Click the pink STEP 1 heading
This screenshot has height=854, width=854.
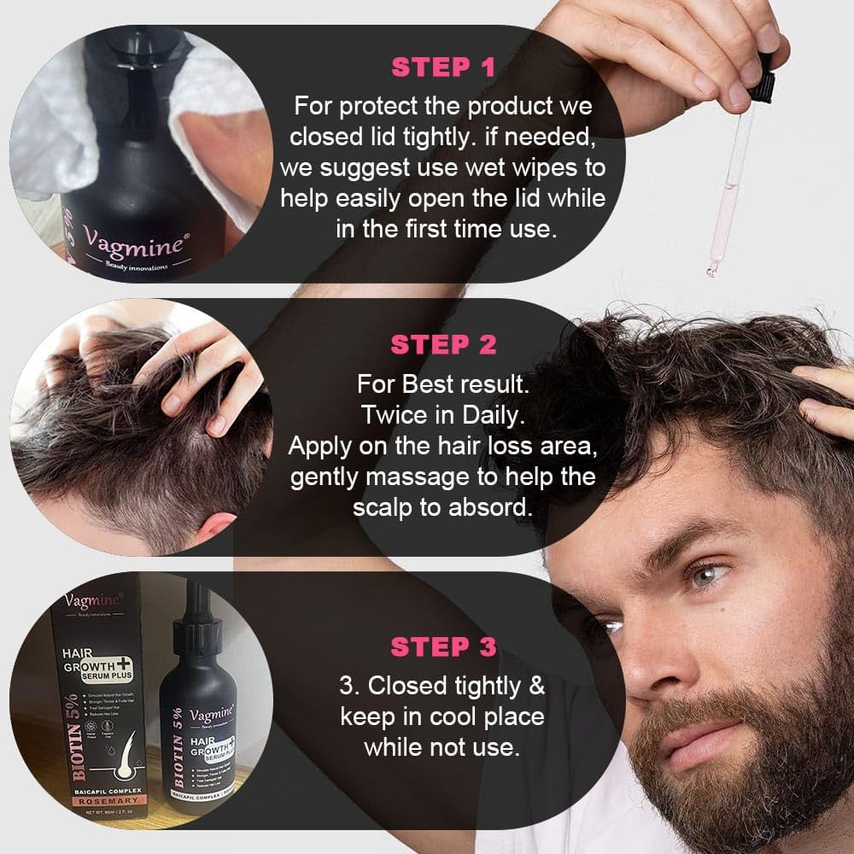click(x=443, y=67)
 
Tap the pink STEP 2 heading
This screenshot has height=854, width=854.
click(x=443, y=345)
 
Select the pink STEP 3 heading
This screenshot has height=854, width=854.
click(x=443, y=646)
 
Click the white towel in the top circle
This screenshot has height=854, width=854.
click(x=51, y=128)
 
